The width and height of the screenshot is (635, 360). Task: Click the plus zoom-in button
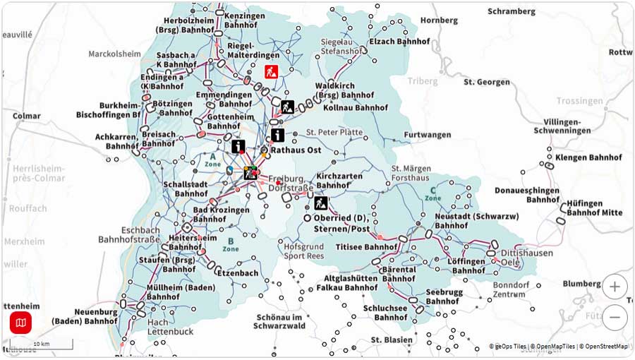[615, 287]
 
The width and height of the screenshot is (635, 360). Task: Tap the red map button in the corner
[20, 323]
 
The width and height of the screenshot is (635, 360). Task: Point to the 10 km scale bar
[41, 344]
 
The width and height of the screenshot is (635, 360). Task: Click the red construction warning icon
[271, 71]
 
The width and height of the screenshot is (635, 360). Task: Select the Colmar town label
[27, 116]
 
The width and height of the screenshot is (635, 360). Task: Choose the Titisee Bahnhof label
[367, 247]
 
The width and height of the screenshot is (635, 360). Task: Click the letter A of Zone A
[212, 156]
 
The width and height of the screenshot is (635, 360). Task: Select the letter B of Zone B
[230, 239]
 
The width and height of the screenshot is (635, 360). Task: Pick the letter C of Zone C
[433, 190]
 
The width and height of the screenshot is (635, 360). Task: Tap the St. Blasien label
[392, 340]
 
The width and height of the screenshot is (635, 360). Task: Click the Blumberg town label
[582, 284]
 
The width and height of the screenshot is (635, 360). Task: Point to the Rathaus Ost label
[296, 150]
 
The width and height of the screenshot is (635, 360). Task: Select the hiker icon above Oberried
[321, 203]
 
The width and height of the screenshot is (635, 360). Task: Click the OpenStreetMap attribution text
[603, 347]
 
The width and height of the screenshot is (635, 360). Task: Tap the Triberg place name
[423, 82]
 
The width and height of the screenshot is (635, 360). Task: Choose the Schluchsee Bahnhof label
[385, 313]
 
